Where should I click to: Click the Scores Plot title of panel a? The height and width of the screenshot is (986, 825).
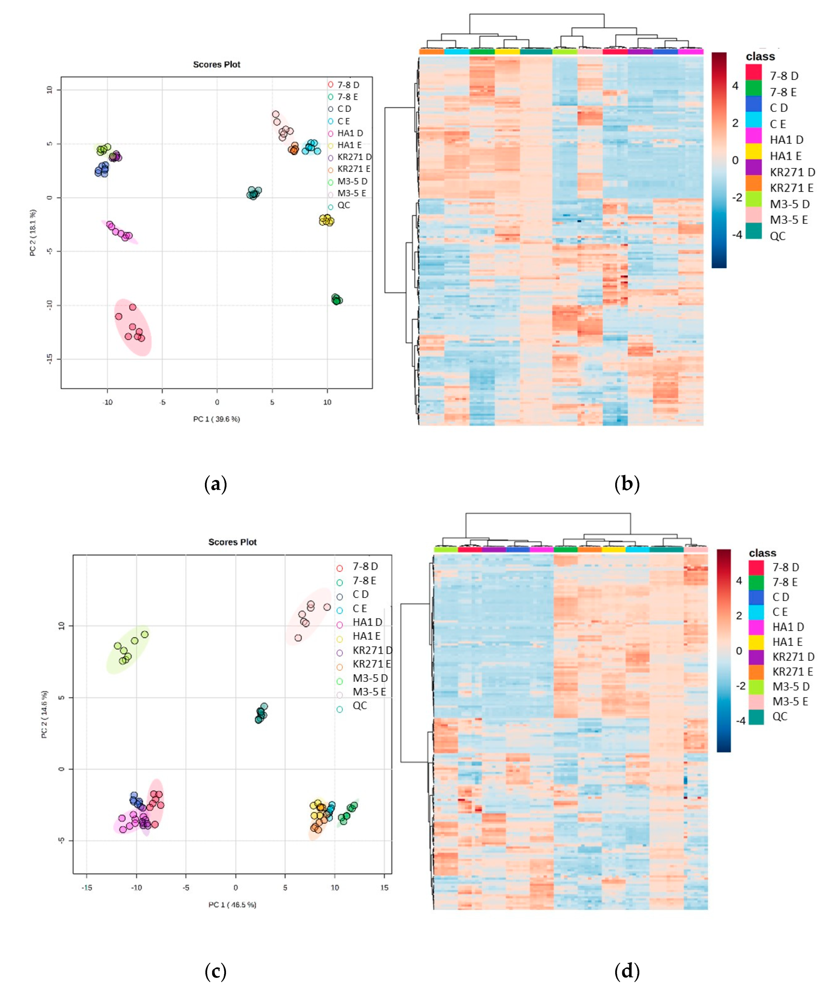(x=216, y=64)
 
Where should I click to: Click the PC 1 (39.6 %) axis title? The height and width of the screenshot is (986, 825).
(x=216, y=419)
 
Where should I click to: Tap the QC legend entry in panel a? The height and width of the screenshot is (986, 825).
(x=343, y=205)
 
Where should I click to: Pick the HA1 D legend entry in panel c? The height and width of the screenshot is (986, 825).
(x=367, y=622)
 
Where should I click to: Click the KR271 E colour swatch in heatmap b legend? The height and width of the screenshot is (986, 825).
(x=753, y=188)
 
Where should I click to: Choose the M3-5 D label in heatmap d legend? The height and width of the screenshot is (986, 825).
(x=791, y=687)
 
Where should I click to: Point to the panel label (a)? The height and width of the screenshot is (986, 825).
(x=215, y=484)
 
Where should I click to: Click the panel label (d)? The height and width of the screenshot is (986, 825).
(x=627, y=970)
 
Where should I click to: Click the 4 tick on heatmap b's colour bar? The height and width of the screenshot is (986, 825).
(x=735, y=86)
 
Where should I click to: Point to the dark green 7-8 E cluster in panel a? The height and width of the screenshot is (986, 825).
(x=336, y=299)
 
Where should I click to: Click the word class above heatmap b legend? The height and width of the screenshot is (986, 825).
(x=760, y=56)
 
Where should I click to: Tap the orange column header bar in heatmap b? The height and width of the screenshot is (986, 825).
(x=431, y=52)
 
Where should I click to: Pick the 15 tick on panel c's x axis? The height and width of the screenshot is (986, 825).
(x=384, y=887)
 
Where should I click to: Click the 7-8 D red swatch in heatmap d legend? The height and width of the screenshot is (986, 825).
(x=755, y=567)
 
